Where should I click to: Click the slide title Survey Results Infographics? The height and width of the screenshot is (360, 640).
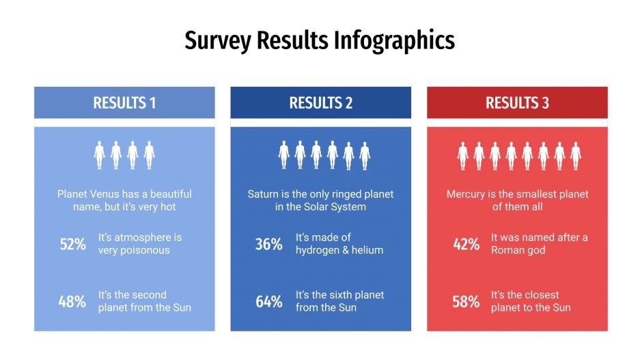(x=320, y=41)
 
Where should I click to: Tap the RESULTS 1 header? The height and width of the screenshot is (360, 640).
(x=124, y=103)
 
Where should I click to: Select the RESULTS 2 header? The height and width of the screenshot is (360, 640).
(x=320, y=103)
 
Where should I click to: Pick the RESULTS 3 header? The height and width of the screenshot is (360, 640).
(x=517, y=103)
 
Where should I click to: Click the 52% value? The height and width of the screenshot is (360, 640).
(x=72, y=244)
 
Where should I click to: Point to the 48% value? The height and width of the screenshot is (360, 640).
(x=72, y=301)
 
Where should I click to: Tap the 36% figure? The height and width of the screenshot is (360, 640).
(x=268, y=244)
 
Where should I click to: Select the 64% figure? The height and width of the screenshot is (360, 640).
(x=268, y=301)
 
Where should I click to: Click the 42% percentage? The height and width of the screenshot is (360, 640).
(x=466, y=244)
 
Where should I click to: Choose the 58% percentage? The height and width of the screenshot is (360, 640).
(x=466, y=301)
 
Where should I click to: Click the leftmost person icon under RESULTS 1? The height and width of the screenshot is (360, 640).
(x=100, y=155)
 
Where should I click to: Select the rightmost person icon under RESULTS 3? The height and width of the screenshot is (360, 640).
(x=576, y=155)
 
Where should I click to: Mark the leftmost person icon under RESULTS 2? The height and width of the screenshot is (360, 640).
(x=284, y=155)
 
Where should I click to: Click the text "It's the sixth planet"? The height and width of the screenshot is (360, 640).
(x=339, y=295)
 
